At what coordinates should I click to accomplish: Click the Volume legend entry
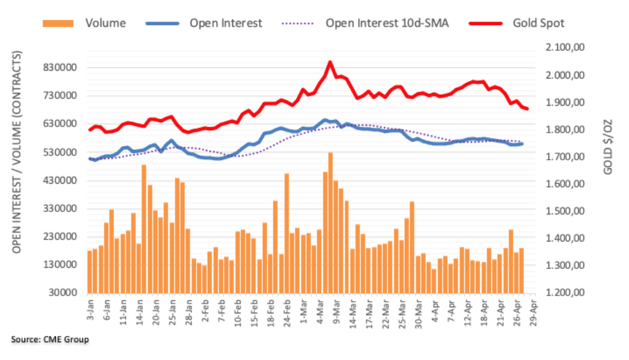click(x=105, y=23)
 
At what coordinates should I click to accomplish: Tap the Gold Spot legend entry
click(x=539, y=23)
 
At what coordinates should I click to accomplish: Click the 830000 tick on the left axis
click(x=68, y=68)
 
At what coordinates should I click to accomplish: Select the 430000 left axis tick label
click(x=68, y=181)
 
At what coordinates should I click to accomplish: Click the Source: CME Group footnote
click(x=50, y=340)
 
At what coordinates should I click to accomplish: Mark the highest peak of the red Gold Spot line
click(x=330, y=62)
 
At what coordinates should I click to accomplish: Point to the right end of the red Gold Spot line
click(x=527, y=109)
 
